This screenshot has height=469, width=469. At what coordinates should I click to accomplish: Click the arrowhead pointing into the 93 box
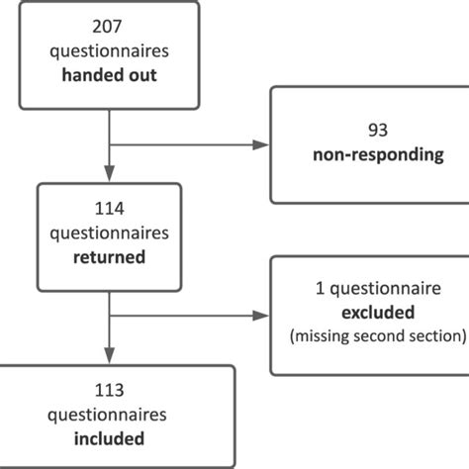click(261, 144)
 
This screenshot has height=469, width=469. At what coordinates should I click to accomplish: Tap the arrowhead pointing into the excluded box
click(261, 316)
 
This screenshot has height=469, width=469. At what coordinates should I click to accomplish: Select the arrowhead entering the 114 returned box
click(108, 175)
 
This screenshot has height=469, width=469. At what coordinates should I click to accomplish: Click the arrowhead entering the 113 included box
click(108, 358)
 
